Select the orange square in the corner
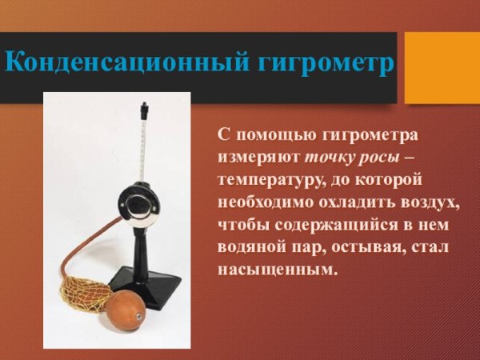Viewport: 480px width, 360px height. [442, 67]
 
